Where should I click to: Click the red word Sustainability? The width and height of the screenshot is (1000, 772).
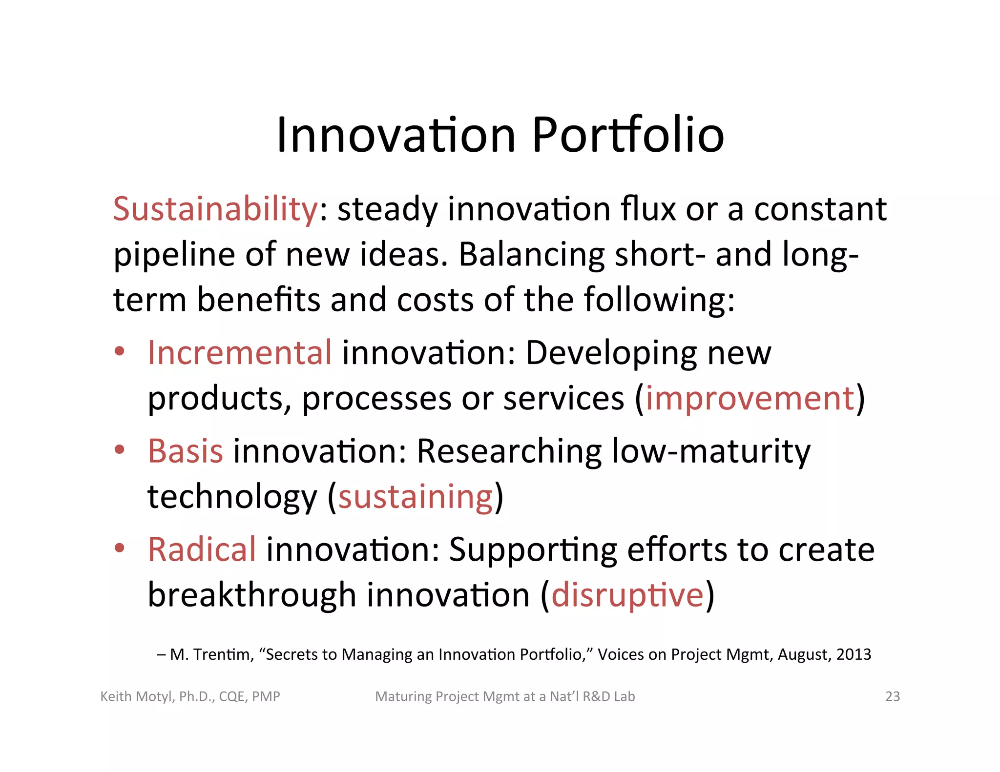[x=215, y=209]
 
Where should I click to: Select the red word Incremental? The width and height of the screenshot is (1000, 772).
[x=240, y=352]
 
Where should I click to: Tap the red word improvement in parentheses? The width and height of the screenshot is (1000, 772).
[x=750, y=398]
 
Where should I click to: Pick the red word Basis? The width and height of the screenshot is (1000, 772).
[x=186, y=451]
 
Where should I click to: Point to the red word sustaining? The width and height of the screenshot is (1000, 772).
[x=416, y=497]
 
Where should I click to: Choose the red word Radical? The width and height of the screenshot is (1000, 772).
[x=202, y=549]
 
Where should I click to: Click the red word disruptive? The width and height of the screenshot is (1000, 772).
[x=627, y=595]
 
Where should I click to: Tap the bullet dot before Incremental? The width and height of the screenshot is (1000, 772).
[x=120, y=351]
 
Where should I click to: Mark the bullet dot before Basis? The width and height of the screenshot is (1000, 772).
[x=120, y=450]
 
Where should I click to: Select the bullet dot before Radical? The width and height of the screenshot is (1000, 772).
[x=120, y=549]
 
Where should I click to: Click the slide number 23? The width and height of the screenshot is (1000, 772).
[x=892, y=696]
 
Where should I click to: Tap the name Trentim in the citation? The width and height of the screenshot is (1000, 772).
[x=222, y=654]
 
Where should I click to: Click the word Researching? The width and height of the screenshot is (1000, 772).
[x=509, y=451]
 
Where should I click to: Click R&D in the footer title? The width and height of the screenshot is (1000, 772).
[x=596, y=696]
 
